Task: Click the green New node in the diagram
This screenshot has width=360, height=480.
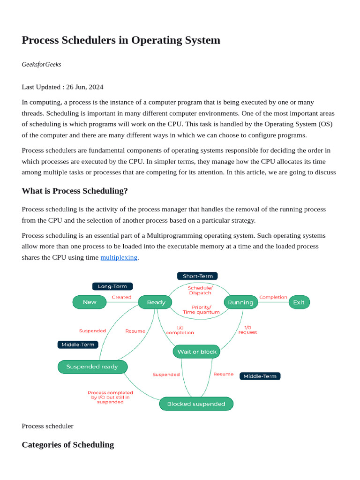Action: click(x=90, y=302)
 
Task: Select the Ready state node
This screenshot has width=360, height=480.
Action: click(x=156, y=302)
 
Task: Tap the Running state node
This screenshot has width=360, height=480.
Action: click(x=240, y=302)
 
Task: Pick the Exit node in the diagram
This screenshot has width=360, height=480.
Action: click(x=299, y=302)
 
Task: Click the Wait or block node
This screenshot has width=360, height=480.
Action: click(x=196, y=352)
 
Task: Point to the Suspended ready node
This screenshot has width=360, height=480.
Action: click(x=92, y=367)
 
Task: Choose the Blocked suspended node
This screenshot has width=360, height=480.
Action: click(x=196, y=404)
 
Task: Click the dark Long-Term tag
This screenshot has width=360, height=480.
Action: click(x=112, y=286)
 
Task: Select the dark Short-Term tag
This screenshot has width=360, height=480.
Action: click(x=197, y=276)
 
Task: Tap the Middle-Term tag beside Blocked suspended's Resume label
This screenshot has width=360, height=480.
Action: click(x=260, y=376)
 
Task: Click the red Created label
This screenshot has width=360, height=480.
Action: click(x=121, y=297)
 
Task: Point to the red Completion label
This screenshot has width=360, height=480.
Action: click(x=273, y=297)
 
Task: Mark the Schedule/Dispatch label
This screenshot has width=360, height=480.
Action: click(x=200, y=290)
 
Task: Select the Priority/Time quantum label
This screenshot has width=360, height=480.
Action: click(x=201, y=309)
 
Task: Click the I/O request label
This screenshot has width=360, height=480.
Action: click(x=247, y=330)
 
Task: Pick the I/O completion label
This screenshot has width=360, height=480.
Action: click(x=180, y=330)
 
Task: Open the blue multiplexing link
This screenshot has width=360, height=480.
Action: click(x=119, y=257)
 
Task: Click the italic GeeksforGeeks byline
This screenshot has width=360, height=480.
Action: click(x=41, y=64)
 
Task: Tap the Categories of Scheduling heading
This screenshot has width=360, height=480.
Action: click(x=67, y=444)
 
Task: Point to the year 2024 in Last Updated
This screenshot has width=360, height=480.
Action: click(x=96, y=87)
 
